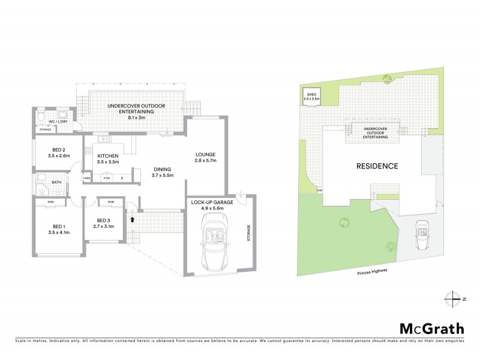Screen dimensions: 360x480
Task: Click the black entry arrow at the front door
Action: pyautogui.click(x=131, y=220)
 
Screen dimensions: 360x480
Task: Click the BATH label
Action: pyautogui.click(x=56, y=182)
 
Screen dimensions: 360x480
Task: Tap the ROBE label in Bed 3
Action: pyautogui.click(x=111, y=203)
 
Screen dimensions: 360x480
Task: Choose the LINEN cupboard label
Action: pyautogui.click(x=86, y=178)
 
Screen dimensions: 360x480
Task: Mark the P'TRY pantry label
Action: pyautogui.click(x=107, y=178)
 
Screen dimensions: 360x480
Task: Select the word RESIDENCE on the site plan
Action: pyautogui.click(x=377, y=166)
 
